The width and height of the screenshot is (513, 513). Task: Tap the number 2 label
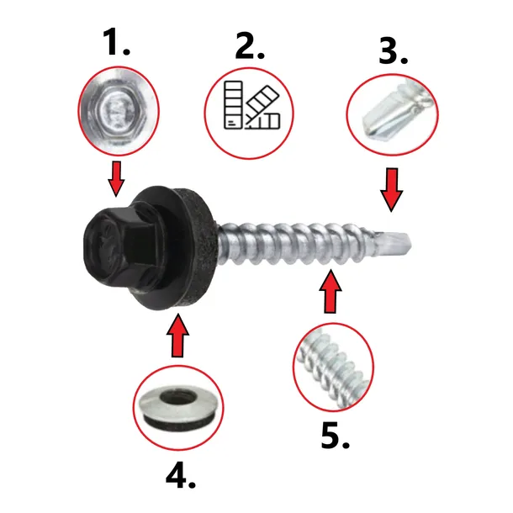click(x=250, y=46)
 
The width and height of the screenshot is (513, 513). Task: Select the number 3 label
click(x=393, y=50)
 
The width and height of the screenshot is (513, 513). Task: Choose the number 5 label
click(x=335, y=435)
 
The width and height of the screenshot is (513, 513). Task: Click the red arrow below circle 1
click(x=116, y=178)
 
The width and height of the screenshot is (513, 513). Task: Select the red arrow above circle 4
click(x=177, y=336)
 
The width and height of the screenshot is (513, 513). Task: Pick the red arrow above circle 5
click(x=331, y=291)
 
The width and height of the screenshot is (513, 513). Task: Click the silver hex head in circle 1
click(x=119, y=111)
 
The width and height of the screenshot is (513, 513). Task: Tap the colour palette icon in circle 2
click(x=252, y=105)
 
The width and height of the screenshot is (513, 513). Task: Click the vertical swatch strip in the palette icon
click(x=233, y=104)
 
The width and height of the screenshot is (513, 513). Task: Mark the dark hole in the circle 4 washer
click(x=178, y=397)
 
